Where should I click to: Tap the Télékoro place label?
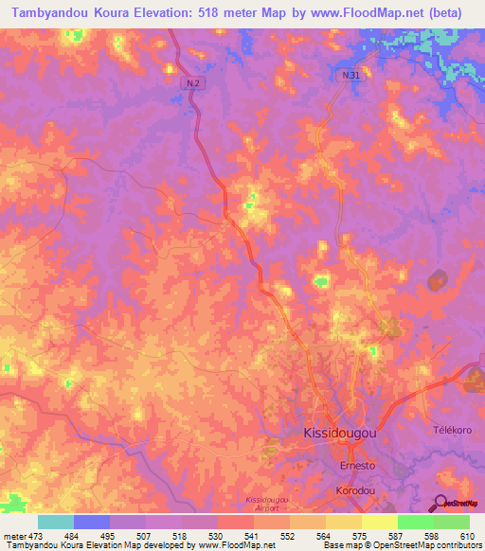click(451, 429)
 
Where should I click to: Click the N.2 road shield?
click(192, 83)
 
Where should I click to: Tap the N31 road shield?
click(350, 74)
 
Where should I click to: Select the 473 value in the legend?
click(31, 536)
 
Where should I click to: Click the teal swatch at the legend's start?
click(56, 522)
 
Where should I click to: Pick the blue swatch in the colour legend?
click(92, 522)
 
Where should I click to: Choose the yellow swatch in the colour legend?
click(380, 522)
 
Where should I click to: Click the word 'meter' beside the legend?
click(11, 536)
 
